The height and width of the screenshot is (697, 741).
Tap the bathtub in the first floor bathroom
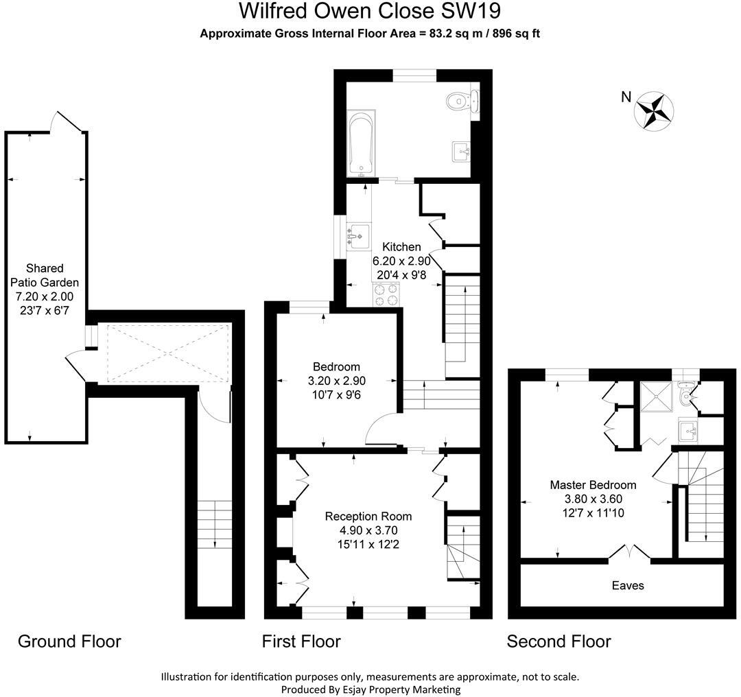[362, 143]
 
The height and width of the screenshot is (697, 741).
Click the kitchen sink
[359, 236]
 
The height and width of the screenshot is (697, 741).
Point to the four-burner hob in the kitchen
[386, 294]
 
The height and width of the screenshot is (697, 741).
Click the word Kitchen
[401, 247]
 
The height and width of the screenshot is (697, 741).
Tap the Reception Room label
[368, 517]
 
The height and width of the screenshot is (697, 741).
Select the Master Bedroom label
[593, 485]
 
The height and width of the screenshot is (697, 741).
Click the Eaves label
[628, 585]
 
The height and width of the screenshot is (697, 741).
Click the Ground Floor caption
[69, 641]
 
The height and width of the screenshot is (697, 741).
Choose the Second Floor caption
[558, 641]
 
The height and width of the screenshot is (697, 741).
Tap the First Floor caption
[301, 641]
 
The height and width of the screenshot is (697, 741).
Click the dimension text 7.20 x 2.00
[45, 297]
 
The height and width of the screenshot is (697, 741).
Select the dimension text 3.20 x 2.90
[337, 381]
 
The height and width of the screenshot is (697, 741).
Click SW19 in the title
[470, 10]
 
